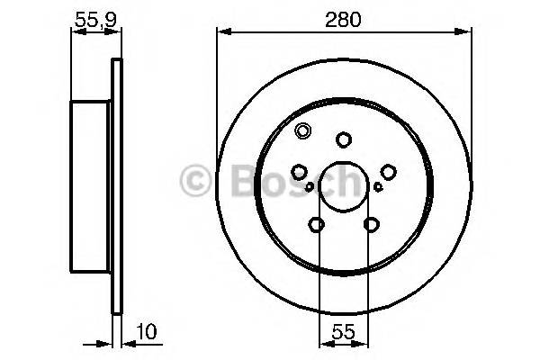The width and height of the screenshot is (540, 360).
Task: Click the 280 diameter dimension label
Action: pyautogui.click(x=344, y=19)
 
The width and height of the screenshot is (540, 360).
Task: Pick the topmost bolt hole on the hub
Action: pyautogui.click(x=343, y=139)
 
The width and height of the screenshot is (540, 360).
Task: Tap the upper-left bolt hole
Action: pyautogui.click(x=301, y=171)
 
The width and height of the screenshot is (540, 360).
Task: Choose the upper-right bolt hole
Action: pyautogui.click(x=388, y=171)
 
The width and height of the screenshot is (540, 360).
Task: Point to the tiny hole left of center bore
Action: pyautogui.click(x=310, y=187)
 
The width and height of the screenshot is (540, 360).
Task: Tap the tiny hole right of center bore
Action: pyautogui.click(x=379, y=187)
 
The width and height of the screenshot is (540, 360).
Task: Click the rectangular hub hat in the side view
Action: pyautogui.click(x=90, y=185)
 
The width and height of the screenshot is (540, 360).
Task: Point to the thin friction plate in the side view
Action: pyautogui.click(x=116, y=185)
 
